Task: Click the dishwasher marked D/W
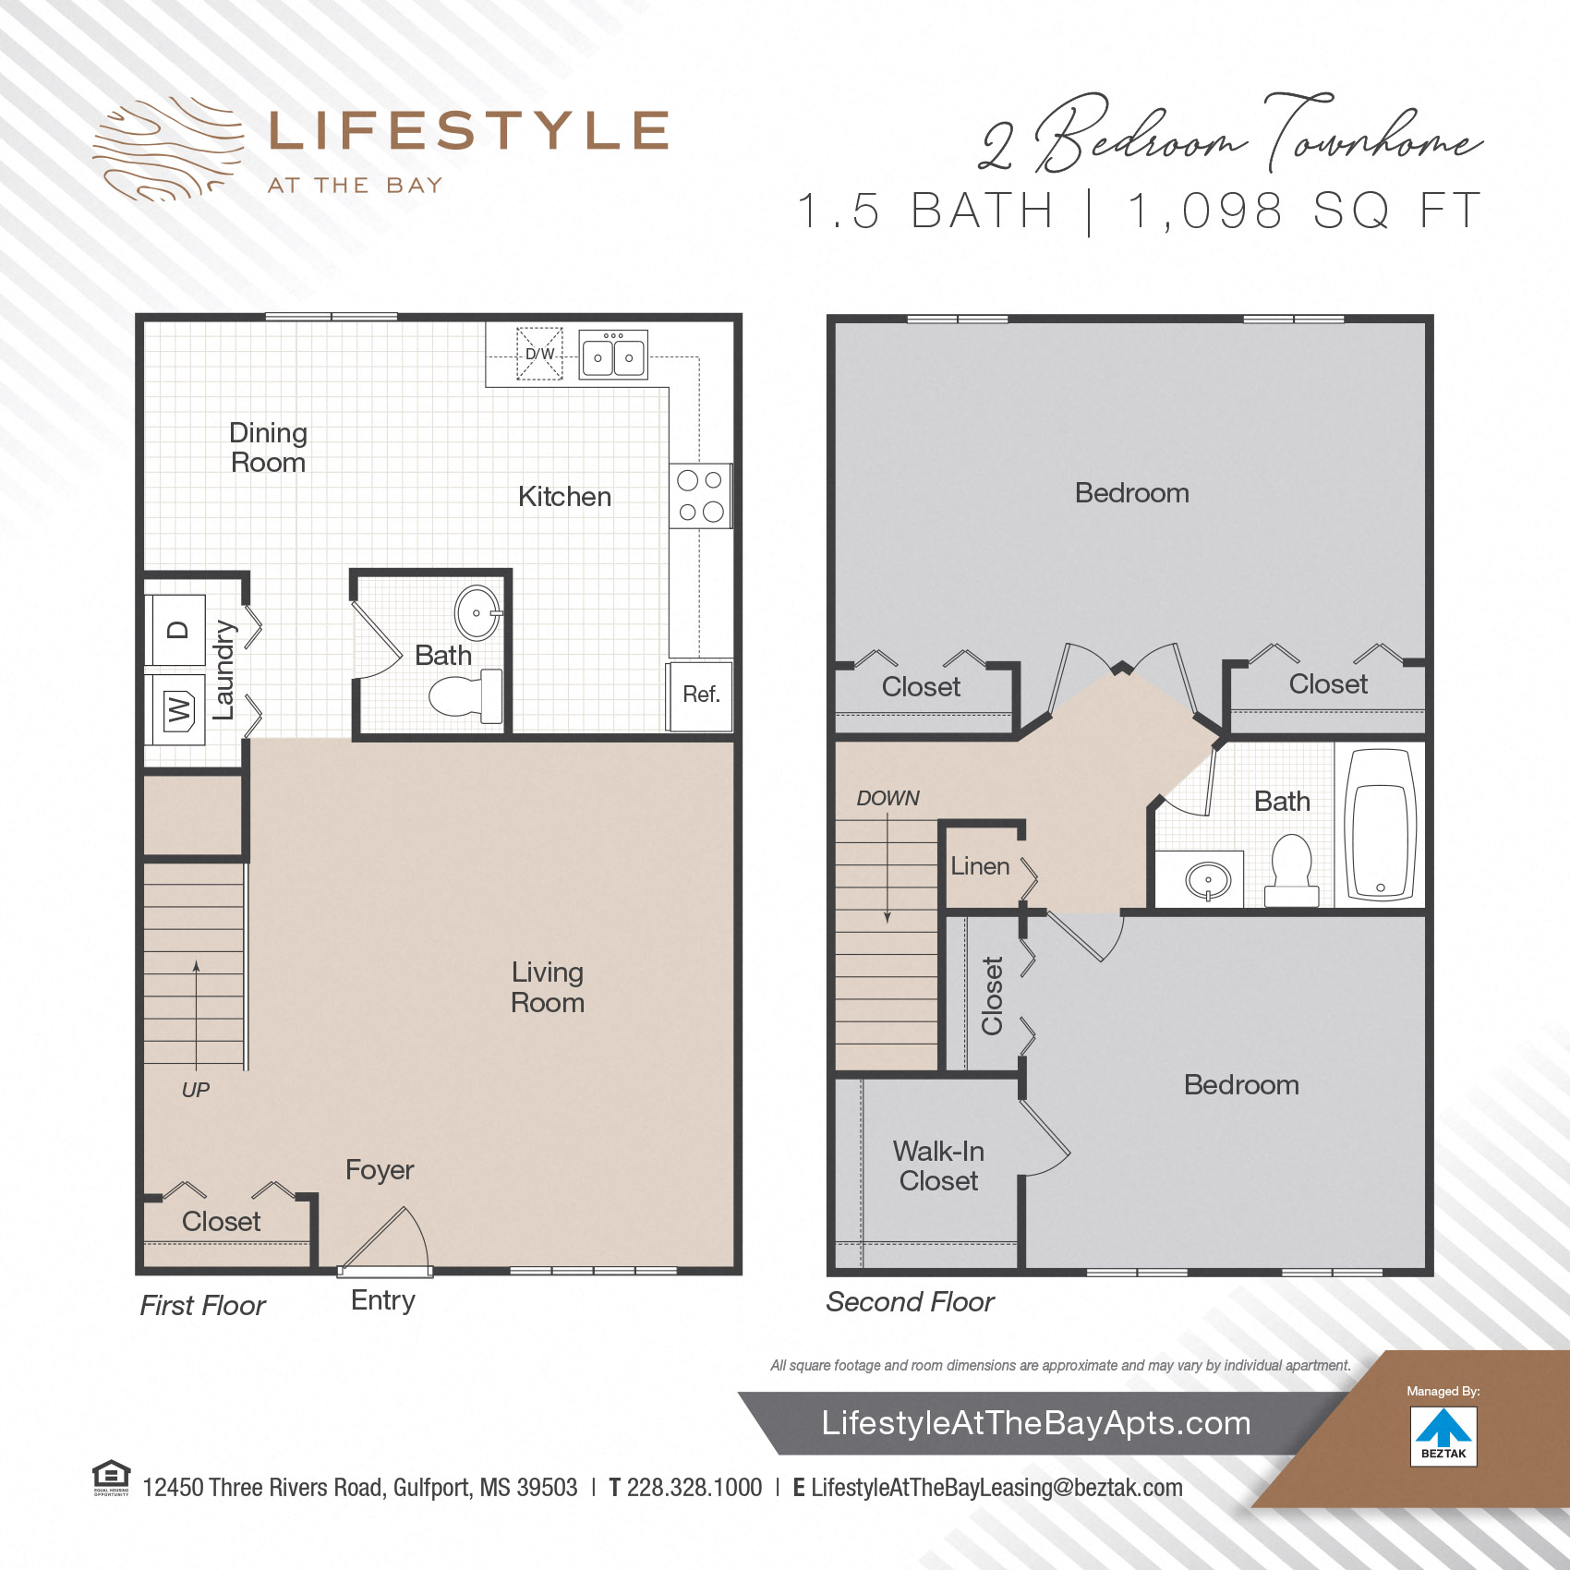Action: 539,354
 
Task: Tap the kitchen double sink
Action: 613,356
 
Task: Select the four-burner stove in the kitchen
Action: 700,496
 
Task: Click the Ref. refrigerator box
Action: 700,695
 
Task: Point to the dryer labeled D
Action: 176,631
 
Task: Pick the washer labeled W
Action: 177,710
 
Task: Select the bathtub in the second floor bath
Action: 1381,825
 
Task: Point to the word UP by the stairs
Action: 195,1090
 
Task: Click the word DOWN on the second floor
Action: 888,798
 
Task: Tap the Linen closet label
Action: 980,866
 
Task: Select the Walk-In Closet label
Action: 938,1165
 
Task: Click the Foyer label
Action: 380,1170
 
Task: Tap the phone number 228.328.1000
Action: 694,1488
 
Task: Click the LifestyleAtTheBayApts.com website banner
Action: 1036,1423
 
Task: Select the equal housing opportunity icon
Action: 111,1477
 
